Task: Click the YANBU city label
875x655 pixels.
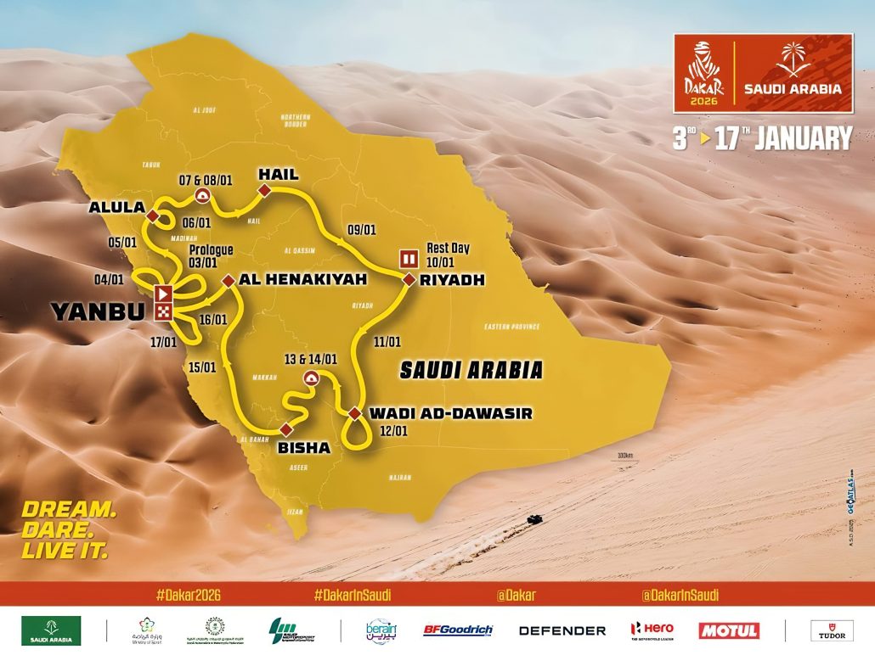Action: point(98,311)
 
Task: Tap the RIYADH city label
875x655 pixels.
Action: point(451,280)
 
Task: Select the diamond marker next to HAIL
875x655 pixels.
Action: point(264,193)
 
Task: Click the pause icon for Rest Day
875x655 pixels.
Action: point(409,259)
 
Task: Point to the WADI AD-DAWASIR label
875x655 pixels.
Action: point(450,414)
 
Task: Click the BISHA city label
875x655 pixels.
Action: point(303,447)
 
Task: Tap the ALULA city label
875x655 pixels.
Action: point(116,207)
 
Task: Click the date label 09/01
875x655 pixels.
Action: point(361,228)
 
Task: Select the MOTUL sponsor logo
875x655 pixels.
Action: point(728,630)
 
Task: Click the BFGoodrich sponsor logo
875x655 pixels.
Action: point(458,630)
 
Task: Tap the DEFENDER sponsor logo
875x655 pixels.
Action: point(562,630)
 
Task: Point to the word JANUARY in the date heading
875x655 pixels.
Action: point(803,138)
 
